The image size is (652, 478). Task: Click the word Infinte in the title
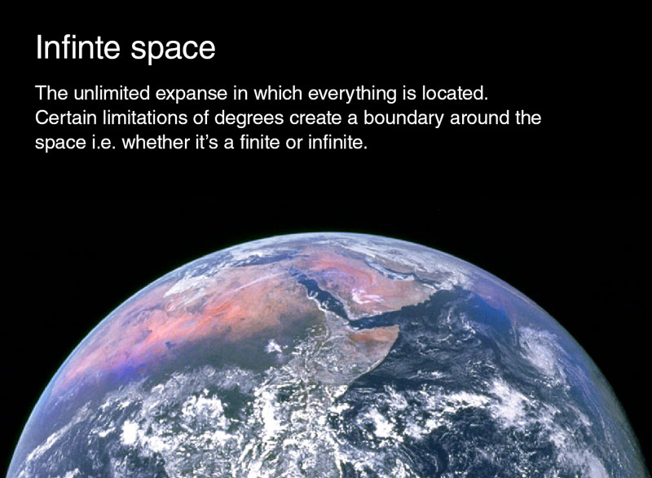[77, 47]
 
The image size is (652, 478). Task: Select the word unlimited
[111, 92]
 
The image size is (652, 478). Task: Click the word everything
[352, 94]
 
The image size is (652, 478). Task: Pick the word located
[455, 92]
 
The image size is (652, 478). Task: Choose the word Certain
[66, 117]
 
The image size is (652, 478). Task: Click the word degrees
[249, 119]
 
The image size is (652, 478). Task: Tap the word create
[318, 118]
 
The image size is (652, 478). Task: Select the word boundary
[403, 119]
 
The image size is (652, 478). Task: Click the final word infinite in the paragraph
[337, 142]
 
